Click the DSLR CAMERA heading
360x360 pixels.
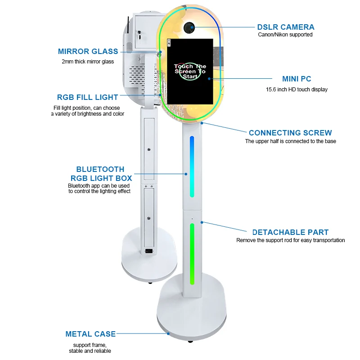[285, 27]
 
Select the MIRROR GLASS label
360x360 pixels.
[88, 51]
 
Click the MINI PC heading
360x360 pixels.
[297, 79]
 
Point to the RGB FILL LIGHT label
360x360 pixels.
[87, 97]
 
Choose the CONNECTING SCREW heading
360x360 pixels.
[290, 133]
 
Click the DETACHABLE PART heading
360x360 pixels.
[290, 233]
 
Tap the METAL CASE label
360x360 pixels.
[90, 334]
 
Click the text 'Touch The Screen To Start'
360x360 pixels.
[189, 71]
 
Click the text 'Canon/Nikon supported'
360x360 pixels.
[285, 35]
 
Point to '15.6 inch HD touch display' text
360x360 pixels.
[297, 90]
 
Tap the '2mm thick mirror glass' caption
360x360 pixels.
[88, 62]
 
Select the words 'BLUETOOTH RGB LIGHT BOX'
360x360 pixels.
[100, 174]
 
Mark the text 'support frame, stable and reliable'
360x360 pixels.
[90, 348]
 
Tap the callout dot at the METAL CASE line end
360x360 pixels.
[168, 334]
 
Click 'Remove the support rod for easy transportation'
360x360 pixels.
[290, 240]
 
